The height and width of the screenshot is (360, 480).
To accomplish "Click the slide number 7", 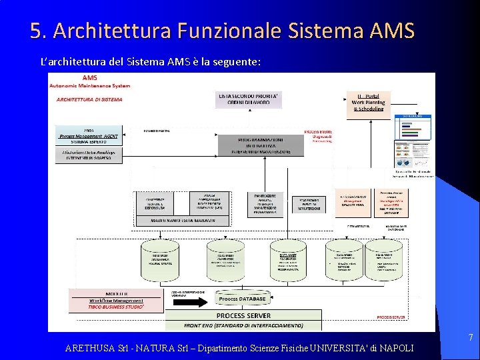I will coord(470,338).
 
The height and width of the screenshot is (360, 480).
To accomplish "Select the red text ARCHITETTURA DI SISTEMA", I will coord(89,99).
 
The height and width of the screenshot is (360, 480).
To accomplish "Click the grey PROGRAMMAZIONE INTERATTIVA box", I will coord(261,145).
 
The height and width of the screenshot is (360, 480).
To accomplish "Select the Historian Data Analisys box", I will coord(89,155).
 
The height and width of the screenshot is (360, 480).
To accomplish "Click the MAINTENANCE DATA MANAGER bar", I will coord(181,219).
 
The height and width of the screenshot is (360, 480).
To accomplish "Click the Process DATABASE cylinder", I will coord(242,299).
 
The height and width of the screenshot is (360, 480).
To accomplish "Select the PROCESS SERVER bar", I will coord(243,315).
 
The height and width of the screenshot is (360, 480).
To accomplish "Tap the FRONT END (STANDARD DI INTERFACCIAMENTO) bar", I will coord(243,325).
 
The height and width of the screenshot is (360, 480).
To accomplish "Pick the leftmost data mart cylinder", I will coord(160,259).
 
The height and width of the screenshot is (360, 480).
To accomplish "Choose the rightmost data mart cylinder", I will coord(384,259).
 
